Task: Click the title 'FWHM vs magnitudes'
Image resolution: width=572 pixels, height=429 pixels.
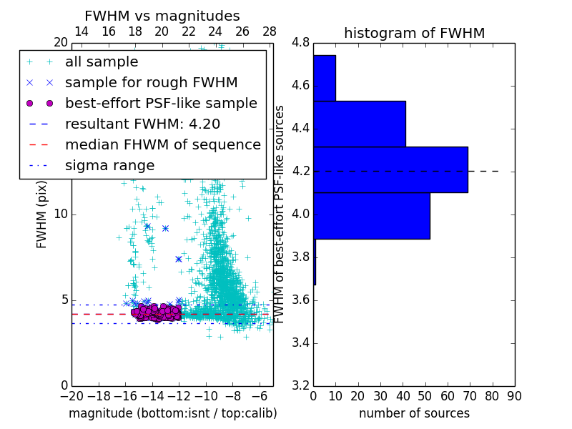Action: [162, 16]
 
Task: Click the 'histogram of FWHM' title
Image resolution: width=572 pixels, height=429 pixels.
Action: [414, 33]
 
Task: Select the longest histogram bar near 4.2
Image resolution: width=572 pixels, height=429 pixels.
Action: [390, 169]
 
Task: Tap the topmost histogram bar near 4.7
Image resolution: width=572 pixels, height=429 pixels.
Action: [324, 78]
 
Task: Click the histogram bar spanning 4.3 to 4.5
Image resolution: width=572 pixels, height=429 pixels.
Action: [359, 124]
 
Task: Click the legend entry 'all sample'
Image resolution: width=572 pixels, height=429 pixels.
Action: [102, 62]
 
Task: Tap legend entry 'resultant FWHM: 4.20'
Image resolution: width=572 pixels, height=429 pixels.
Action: [142, 124]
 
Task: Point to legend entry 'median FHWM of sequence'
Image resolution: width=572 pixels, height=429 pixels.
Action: [162, 145]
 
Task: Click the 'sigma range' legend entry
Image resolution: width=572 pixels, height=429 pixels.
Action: [109, 166]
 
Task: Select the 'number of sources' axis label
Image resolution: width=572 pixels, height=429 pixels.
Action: [414, 413]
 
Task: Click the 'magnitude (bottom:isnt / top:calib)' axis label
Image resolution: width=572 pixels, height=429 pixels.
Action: [172, 413]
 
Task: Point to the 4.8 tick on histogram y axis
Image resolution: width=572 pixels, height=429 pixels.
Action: [300, 43]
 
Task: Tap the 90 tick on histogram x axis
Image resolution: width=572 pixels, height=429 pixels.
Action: [514, 395]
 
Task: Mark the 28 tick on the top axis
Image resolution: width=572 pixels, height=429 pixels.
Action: [270, 31]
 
